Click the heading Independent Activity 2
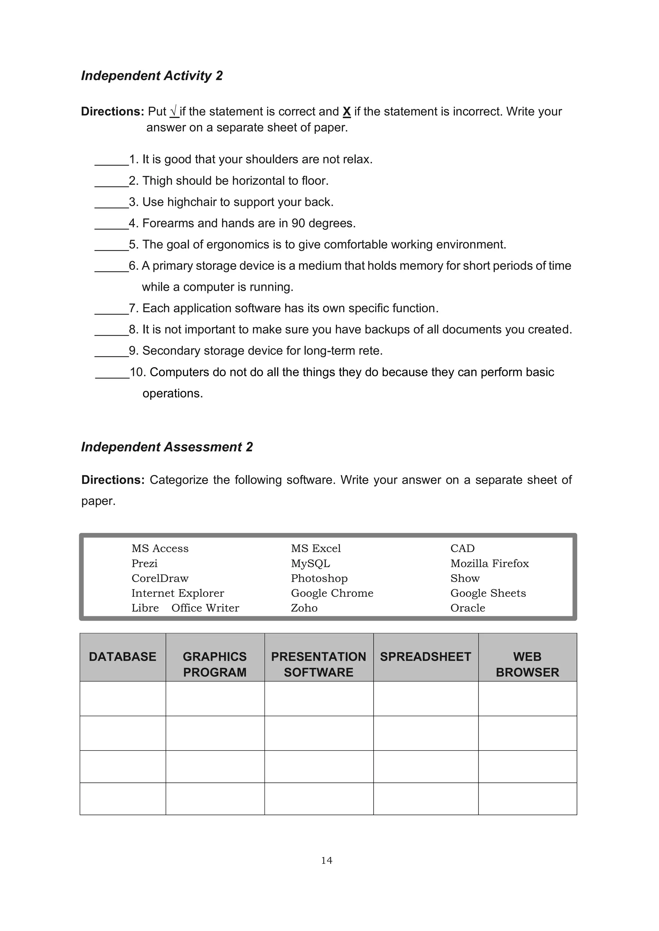click(x=152, y=76)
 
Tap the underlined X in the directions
click(x=347, y=112)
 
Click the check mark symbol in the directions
click(x=174, y=111)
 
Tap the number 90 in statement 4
click(x=298, y=224)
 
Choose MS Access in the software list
click(x=160, y=549)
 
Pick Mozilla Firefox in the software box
click(x=489, y=564)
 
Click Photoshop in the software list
click(x=319, y=579)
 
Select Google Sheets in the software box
click(x=488, y=593)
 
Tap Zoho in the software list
click(x=304, y=608)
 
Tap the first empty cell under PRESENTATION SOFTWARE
click(x=319, y=699)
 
